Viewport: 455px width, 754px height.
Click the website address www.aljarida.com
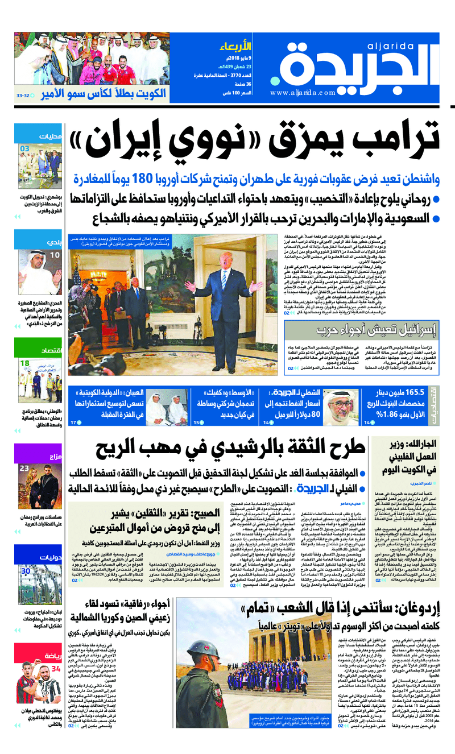(x=303, y=93)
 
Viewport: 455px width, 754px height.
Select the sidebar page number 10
(x=55, y=255)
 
